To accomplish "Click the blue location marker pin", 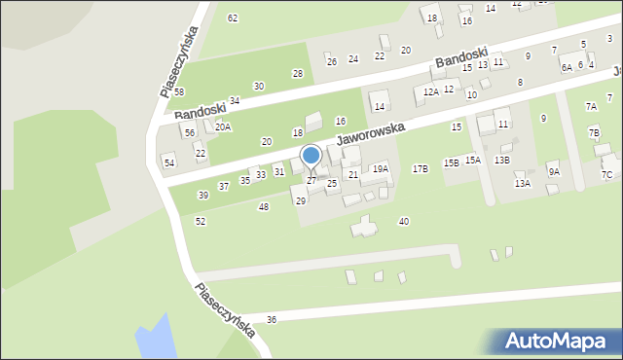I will tap(311, 156).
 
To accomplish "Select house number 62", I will tap(233, 18).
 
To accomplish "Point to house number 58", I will tap(179, 92).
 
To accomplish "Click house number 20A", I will tap(223, 127).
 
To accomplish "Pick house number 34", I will tap(235, 101).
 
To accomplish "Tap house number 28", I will tap(298, 74).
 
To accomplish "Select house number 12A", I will tap(431, 91).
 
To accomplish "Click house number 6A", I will tap(567, 68).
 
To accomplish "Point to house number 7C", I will tap(607, 175).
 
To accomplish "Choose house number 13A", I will tap(523, 184).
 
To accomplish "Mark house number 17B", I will tap(420, 169).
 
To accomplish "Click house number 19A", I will tap(381, 169).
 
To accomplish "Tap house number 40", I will tap(403, 222).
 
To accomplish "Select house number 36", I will tap(272, 319).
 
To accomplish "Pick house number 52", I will tap(201, 222).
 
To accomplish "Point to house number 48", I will tap(263, 207).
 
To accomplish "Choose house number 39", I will tap(203, 196).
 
